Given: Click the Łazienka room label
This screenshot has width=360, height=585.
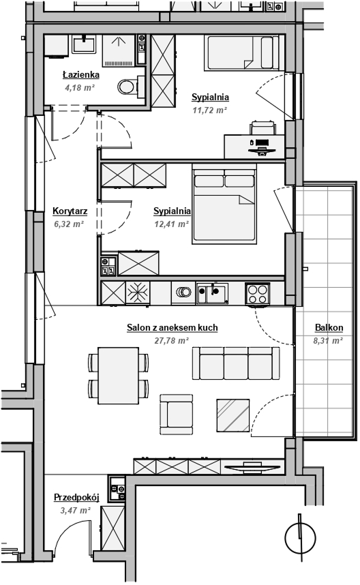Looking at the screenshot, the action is (81, 74).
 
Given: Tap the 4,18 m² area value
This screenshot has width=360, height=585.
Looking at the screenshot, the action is (80, 88).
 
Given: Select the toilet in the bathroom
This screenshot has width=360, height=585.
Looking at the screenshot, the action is (131, 87).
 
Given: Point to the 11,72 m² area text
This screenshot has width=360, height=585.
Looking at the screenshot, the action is (209, 110).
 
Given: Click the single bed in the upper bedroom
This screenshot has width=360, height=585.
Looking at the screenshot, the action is (241, 53).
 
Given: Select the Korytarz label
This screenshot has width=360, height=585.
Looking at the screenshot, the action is (70, 211).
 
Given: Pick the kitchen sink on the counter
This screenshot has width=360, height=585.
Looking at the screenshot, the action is (212, 294).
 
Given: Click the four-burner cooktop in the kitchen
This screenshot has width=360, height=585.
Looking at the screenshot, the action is (258, 294).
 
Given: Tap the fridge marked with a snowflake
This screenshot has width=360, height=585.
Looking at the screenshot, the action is (138, 293).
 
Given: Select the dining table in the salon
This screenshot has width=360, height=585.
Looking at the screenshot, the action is (118, 375).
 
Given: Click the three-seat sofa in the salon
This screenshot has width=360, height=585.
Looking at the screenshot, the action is (236, 363).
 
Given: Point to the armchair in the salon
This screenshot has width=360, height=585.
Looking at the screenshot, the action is (177, 415).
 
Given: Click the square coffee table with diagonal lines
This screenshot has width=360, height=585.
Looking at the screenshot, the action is (233, 415).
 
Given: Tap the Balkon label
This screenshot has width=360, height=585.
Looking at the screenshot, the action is (329, 327).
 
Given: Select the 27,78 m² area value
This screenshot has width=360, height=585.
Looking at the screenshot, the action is (172, 340).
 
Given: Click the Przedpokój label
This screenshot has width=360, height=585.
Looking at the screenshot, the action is (76, 498).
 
